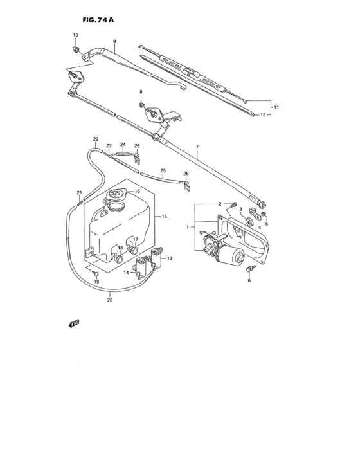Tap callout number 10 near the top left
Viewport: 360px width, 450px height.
click(x=75, y=35)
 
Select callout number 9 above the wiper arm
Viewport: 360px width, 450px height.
click(x=114, y=42)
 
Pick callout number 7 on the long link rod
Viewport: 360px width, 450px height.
click(x=197, y=147)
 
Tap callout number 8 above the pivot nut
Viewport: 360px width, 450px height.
click(x=141, y=93)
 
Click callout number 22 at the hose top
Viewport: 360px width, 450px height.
click(x=95, y=139)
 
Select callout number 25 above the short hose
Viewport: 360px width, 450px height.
click(x=163, y=171)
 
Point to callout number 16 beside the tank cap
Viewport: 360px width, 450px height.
click(x=137, y=192)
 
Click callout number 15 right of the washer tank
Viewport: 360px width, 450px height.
click(x=165, y=217)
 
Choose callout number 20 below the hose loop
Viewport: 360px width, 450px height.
click(x=109, y=299)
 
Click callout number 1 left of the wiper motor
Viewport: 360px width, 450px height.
click(x=187, y=226)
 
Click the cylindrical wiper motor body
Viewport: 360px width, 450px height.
click(x=235, y=255)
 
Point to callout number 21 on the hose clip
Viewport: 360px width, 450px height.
click(x=79, y=192)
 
